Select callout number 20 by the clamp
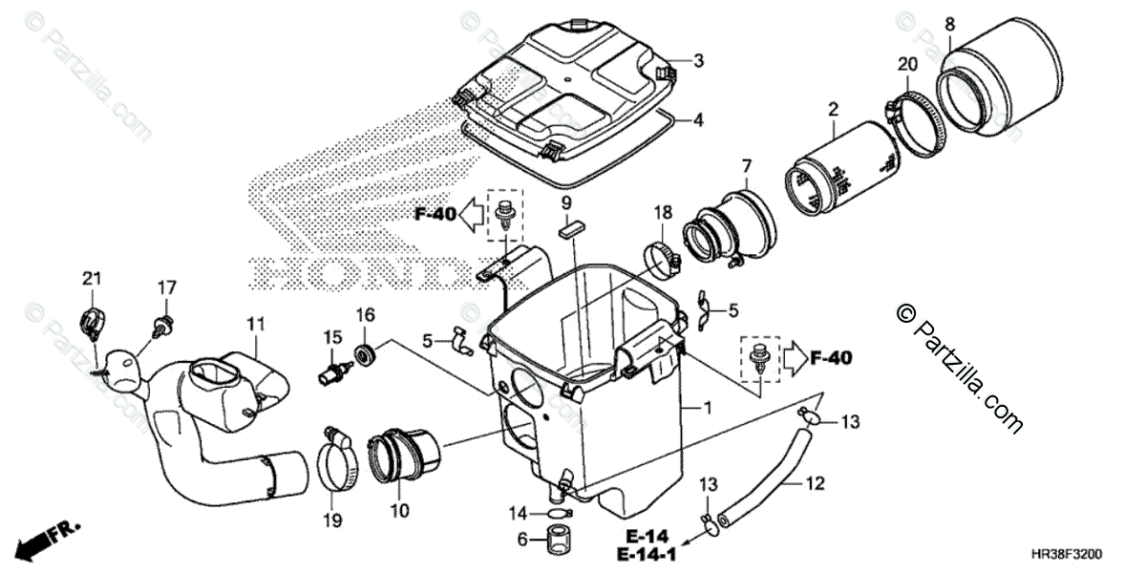(907, 64)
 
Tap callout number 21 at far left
(91, 278)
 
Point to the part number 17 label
(167, 286)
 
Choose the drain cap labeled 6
(554, 541)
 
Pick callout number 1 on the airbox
(707, 408)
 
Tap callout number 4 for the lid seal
(698, 120)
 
